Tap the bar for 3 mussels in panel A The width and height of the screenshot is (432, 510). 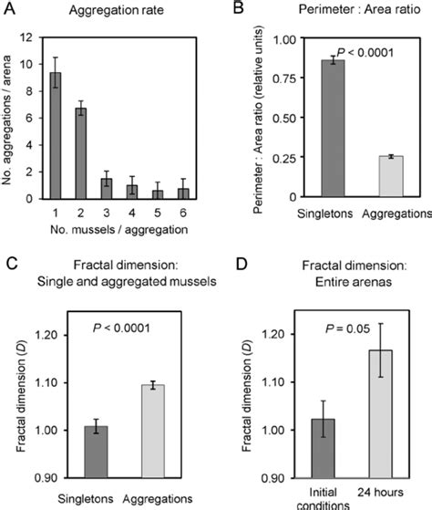pos(106,188)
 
